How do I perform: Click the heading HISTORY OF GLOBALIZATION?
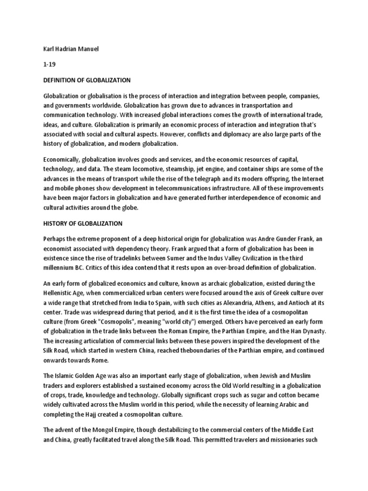click(83, 223)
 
